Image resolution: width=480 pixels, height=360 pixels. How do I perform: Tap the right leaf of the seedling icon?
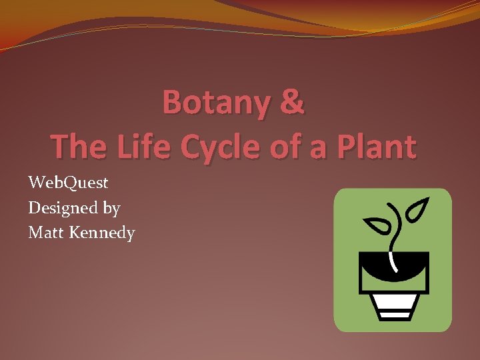point(419,210)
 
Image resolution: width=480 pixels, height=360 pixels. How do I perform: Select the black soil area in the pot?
point(413,263)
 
